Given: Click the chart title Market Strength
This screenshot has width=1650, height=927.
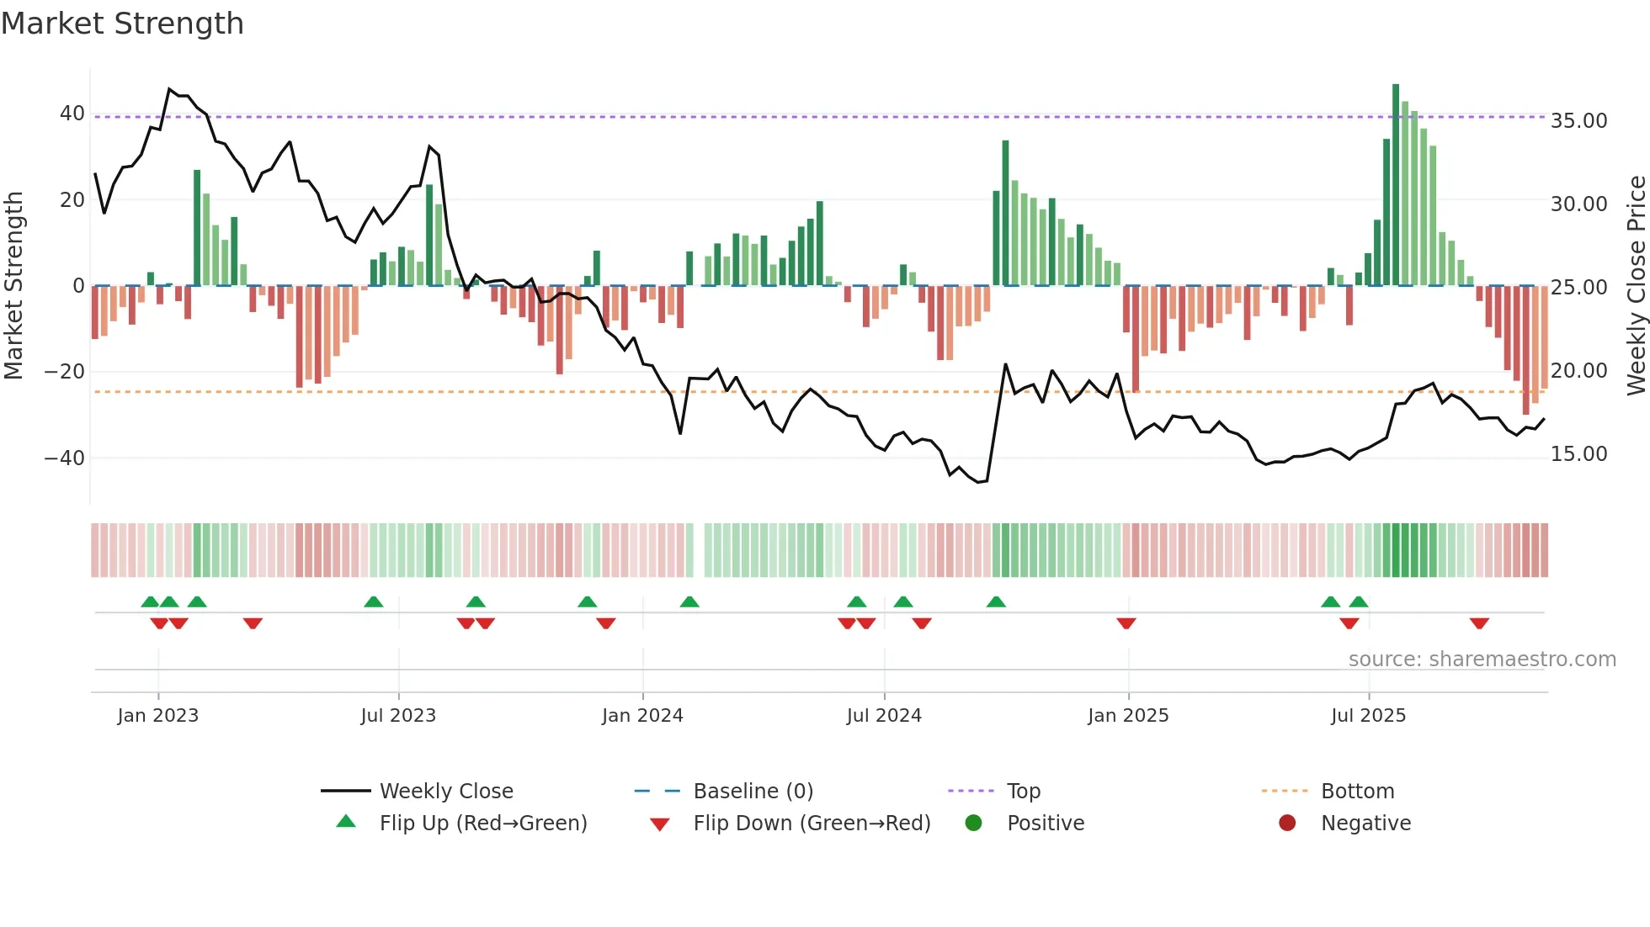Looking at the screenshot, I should point(122,24).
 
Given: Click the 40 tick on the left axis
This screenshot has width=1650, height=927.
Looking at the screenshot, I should point(72,114).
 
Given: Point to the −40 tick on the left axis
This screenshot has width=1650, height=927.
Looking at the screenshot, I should point(65,458).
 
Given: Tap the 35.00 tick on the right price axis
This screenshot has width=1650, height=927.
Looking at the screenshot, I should point(1578,121).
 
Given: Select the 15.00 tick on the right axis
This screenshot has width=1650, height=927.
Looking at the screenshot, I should point(1578,454).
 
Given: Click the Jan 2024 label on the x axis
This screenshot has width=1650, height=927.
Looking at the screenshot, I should point(642,716).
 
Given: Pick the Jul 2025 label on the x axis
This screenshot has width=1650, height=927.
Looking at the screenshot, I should point(1368,716).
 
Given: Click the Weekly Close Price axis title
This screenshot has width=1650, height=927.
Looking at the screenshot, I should point(1636,286).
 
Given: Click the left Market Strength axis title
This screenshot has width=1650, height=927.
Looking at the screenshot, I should point(13,286).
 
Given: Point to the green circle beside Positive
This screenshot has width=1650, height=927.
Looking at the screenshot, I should point(974,824).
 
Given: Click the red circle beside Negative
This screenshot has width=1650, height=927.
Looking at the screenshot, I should point(1287,824).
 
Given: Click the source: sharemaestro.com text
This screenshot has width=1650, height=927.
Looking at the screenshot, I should point(1482,659).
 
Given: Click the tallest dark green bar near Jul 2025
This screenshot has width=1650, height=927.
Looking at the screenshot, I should point(1396,185).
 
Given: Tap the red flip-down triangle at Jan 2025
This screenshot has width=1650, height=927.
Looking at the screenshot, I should point(1126,623).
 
